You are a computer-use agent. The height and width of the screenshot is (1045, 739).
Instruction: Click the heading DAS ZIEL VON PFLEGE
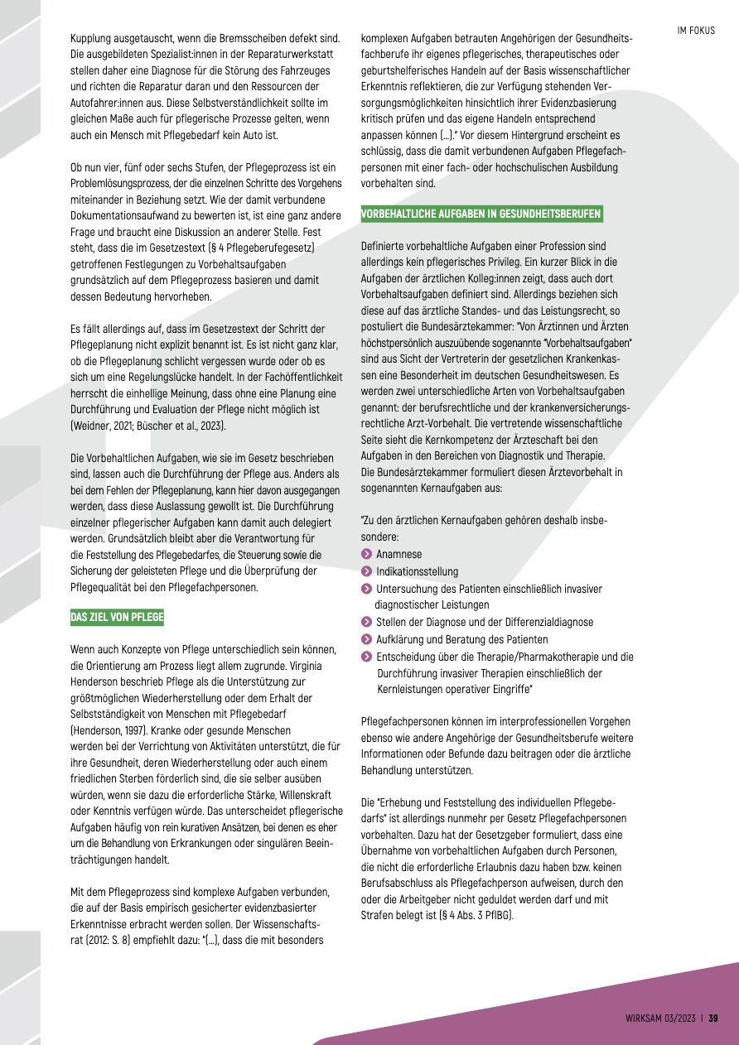117,617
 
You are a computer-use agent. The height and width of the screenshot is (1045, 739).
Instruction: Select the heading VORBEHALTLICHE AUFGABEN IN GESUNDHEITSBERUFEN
481,214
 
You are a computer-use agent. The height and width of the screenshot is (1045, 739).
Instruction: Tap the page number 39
712,1019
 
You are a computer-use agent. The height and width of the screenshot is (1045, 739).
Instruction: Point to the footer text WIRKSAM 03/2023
660,1019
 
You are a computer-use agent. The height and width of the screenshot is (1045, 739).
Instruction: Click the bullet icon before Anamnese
366,555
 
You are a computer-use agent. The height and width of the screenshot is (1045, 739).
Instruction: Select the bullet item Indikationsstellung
416,571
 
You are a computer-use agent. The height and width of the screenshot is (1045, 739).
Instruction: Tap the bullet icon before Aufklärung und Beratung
366,639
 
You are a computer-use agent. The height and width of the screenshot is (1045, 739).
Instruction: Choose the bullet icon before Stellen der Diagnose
366,623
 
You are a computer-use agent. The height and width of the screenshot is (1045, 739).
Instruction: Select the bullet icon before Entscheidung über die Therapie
366,657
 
